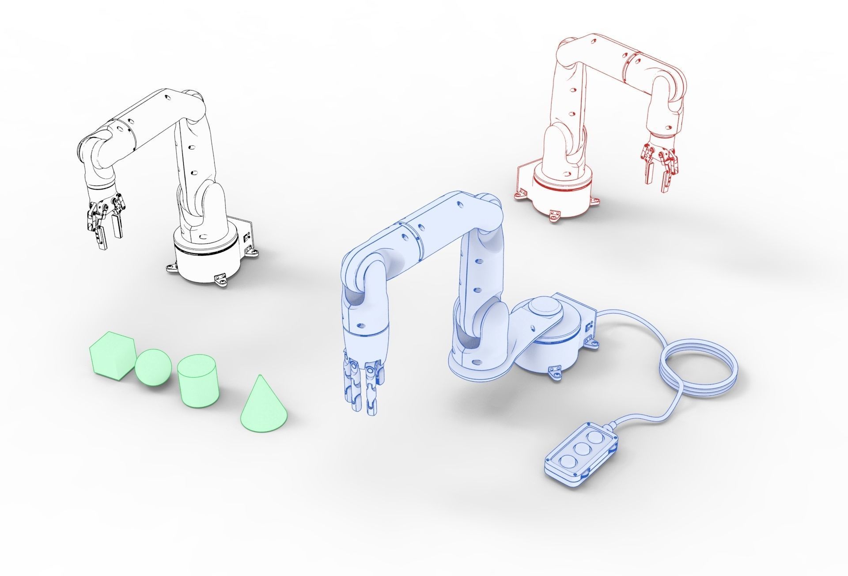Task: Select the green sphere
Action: click(153, 367)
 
